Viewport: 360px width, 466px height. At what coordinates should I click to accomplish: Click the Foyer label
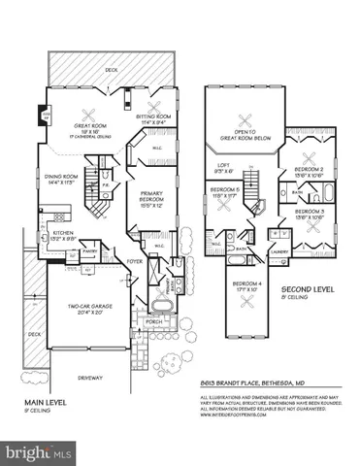pyautogui.click(x=137, y=260)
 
